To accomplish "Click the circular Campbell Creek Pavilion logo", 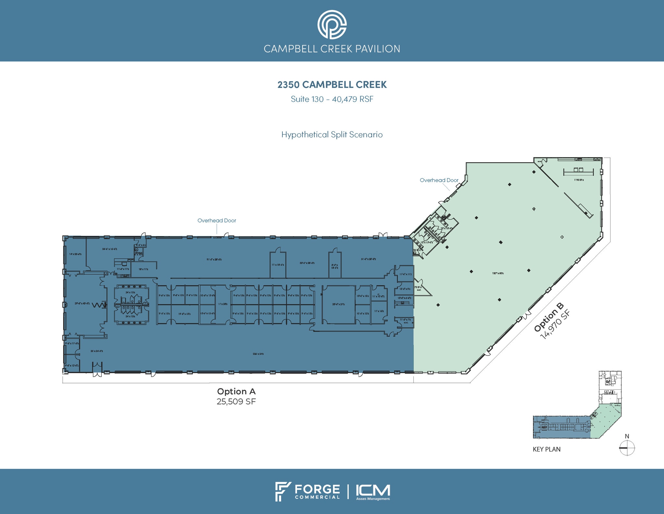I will (332, 25).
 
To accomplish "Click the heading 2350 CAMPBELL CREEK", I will (332, 85).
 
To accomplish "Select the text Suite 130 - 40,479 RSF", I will (332, 99).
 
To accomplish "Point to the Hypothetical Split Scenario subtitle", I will (332, 134).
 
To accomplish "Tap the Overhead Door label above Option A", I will (217, 220).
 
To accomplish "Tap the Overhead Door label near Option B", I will (439, 180).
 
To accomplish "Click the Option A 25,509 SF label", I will (236, 396).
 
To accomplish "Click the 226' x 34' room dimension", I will (258, 354).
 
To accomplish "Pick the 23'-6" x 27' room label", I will (338, 304).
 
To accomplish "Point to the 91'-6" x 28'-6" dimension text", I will (214, 259).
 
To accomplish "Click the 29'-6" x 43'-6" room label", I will (82, 303).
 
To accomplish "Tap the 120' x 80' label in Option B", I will (498, 273).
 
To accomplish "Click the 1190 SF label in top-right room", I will (579, 180).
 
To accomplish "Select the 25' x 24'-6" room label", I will (97, 351).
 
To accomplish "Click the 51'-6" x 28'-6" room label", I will (368, 259).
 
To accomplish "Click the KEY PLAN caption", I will (546, 449).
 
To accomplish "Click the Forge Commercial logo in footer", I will (307, 492).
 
